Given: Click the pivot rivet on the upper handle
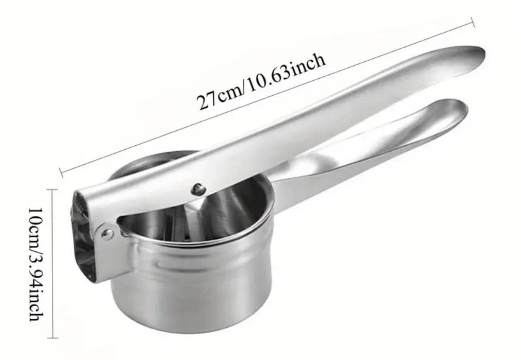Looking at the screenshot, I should (198, 188).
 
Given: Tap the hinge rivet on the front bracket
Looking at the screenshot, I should (107, 234).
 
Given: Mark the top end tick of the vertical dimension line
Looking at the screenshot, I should (53, 190).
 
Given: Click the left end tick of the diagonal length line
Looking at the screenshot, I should (61, 173).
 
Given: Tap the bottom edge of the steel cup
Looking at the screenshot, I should (190, 332).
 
